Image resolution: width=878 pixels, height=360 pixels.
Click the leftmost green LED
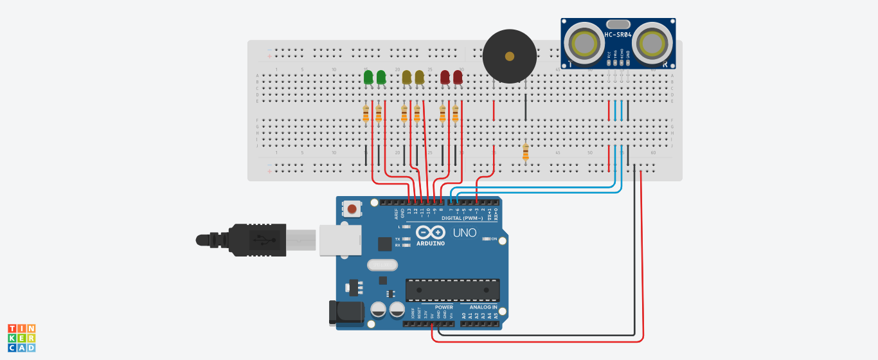tap(368, 78)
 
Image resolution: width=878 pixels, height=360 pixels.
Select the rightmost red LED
tap(458, 78)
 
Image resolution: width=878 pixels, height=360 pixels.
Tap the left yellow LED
tap(407, 78)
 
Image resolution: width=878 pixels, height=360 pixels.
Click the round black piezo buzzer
tap(509, 56)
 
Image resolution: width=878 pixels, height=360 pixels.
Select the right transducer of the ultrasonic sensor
tap(653, 44)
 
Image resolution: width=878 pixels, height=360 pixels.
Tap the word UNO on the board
tap(465, 233)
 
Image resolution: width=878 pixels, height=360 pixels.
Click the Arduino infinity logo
tap(430, 232)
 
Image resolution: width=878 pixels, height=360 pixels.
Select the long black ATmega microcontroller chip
tap(452, 290)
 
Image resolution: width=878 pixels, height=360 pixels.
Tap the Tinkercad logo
tap(21, 337)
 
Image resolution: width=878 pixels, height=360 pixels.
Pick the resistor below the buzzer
tap(526, 152)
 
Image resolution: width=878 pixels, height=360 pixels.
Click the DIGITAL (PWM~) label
tap(463, 218)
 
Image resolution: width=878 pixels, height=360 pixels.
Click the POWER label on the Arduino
tap(443, 307)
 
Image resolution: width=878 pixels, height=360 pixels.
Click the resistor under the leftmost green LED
tap(366, 114)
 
